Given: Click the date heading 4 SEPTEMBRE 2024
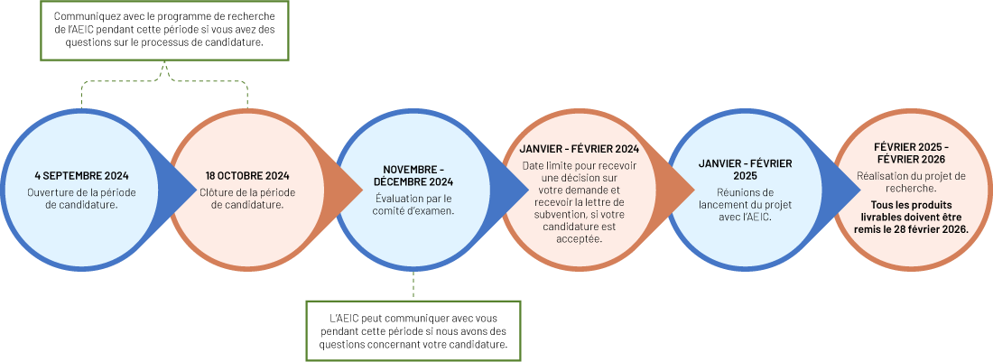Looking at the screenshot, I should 81,175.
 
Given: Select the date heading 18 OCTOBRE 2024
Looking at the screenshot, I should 247,175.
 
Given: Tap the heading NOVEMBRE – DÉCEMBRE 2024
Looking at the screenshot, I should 413,176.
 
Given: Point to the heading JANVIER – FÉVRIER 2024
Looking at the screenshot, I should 580,148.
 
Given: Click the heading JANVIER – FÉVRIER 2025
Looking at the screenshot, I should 746,169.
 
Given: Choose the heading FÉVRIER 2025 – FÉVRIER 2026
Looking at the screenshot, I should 912,153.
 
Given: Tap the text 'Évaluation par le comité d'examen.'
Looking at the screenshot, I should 413,204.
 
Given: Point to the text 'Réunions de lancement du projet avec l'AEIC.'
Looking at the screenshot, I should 746,204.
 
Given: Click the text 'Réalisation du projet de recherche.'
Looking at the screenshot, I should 912,182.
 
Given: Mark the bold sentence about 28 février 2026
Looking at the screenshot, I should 912,218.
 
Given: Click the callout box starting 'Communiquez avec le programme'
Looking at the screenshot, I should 164,30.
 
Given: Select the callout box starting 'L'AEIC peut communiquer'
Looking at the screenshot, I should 413,330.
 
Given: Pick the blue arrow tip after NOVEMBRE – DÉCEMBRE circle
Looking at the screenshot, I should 519,188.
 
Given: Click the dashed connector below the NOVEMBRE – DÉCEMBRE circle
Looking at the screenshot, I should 413,284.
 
